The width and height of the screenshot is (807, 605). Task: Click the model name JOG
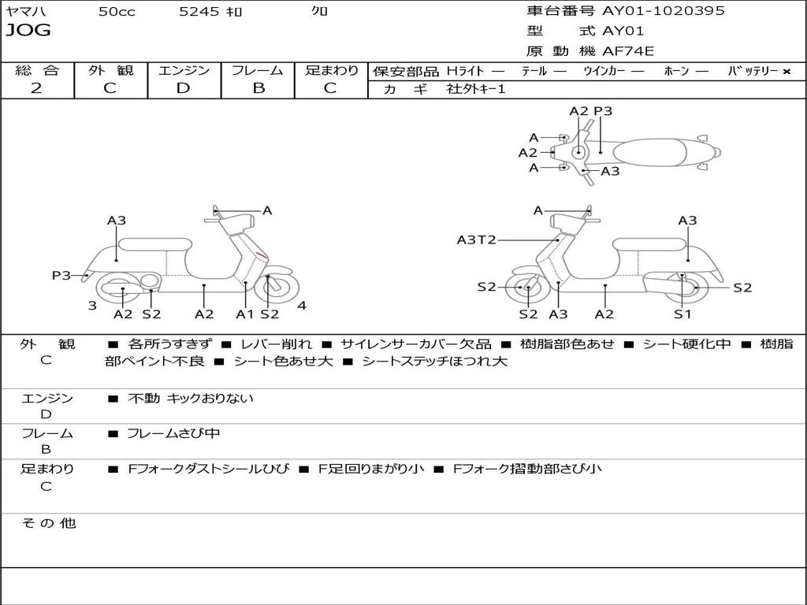(x=28, y=31)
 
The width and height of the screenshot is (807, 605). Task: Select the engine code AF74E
(x=628, y=52)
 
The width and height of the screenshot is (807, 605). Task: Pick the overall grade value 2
(x=36, y=88)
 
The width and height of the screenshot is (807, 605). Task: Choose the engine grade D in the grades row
(x=183, y=88)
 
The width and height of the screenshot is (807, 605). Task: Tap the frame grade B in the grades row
(x=258, y=88)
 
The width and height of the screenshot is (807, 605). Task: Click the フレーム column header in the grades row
(x=258, y=70)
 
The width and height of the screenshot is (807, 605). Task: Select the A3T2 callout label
(x=476, y=239)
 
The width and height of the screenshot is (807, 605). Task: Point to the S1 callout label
(x=682, y=314)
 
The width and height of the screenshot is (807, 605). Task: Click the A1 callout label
(x=245, y=314)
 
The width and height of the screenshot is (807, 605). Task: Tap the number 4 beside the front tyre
(x=302, y=306)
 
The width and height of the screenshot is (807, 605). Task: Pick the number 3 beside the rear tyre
(x=92, y=306)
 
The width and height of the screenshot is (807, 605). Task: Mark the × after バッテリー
(x=786, y=71)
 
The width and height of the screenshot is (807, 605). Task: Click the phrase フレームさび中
(x=173, y=433)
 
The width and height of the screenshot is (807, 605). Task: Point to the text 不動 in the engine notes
(x=144, y=399)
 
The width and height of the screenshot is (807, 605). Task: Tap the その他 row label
(x=48, y=523)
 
